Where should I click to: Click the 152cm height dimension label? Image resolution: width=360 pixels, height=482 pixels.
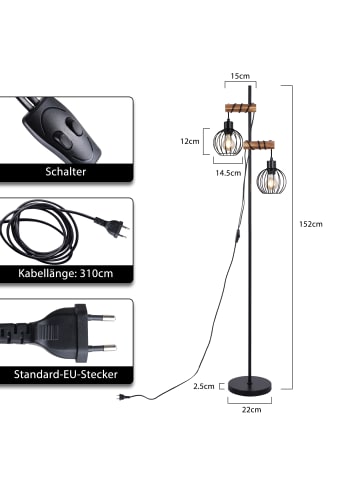tap(314, 224)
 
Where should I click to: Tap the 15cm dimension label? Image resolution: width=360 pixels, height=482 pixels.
tap(239, 76)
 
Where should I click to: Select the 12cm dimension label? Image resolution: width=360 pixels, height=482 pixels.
tap(188, 141)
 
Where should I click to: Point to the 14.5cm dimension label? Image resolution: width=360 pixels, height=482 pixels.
tap(228, 173)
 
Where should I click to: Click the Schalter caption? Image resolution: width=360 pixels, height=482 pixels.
tap(65, 172)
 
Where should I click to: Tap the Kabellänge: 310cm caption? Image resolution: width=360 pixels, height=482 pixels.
tap(65, 272)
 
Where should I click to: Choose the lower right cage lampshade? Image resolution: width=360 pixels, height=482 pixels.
tap(269, 181)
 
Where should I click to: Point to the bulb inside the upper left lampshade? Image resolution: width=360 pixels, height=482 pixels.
tap(224, 140)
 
